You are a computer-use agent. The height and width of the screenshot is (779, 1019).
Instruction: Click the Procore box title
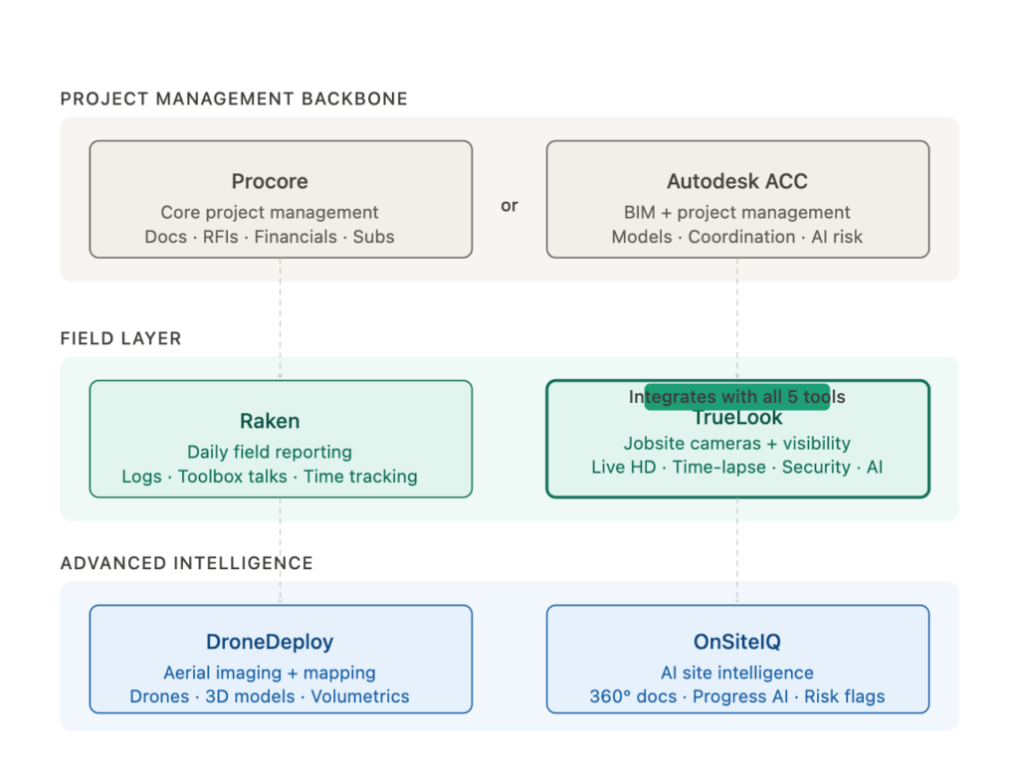270,181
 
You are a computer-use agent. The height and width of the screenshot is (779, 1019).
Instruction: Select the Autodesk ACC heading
736,181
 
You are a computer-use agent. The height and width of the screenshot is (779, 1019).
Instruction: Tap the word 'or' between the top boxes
509,206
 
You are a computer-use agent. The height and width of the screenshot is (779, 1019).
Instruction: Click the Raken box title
270,421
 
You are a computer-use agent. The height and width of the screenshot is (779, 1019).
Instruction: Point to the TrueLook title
737,419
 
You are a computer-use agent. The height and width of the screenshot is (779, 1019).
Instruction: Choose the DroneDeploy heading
270,642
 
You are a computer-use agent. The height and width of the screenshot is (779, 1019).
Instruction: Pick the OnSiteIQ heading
736,642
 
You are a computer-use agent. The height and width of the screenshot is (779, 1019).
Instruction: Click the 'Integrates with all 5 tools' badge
736,397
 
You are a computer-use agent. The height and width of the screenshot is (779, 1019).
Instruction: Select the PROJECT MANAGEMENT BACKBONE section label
234,98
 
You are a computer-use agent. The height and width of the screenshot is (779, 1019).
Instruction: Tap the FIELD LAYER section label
120,338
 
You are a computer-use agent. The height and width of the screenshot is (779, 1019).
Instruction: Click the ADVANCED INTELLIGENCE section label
186,563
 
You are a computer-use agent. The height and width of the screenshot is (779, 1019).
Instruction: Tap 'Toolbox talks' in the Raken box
233,477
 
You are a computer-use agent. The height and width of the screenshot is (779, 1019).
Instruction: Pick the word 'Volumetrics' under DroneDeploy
360,696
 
